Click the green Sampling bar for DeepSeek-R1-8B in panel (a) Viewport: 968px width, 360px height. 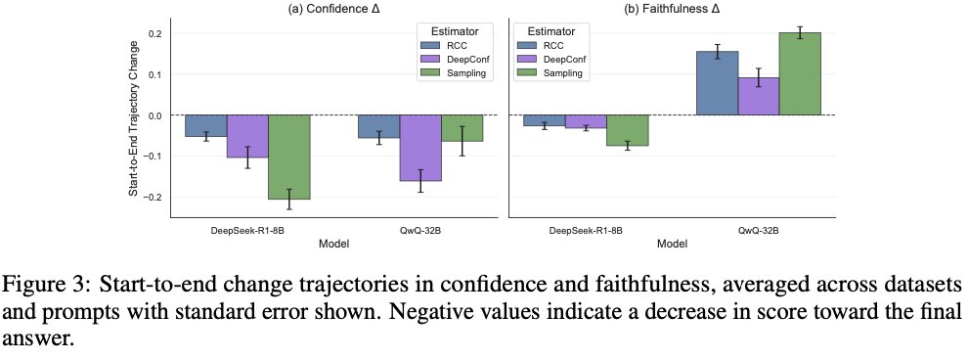click(288, 157)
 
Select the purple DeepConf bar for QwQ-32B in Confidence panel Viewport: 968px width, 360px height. click(421, 148)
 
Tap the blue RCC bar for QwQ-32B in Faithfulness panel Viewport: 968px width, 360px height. click(718, 83)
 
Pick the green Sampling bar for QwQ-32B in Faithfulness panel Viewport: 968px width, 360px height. click(800, 73)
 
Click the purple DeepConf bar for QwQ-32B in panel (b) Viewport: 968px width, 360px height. click(759, 96)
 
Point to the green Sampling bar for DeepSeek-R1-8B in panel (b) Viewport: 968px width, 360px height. click(628, 130)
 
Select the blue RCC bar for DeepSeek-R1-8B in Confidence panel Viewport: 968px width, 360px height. click(206, 125)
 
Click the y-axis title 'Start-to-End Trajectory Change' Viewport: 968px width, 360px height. click(133, 114)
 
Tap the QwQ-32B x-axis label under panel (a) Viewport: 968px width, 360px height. click(421, 230)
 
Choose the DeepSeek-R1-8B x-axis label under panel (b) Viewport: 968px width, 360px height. click(587, 230)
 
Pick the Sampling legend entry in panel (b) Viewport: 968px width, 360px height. click(550, 73)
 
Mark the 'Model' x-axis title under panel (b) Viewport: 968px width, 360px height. click(672, 244)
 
